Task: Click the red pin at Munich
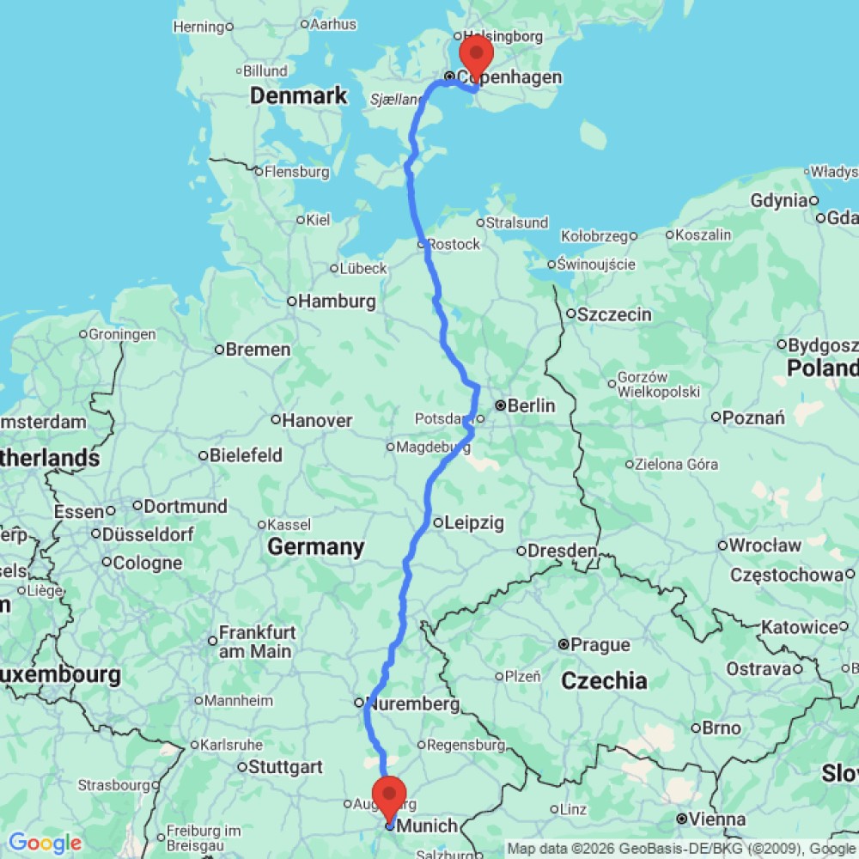390,796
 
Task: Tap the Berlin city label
531,405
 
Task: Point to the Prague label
601,644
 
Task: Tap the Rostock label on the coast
454,245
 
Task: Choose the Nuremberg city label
413,704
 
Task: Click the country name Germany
315,547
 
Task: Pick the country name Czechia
604,681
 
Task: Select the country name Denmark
298,95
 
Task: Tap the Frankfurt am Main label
257,642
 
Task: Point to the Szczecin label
614,314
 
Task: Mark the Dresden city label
563,551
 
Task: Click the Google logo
44,844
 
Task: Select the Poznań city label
754,418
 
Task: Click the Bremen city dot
220,350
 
